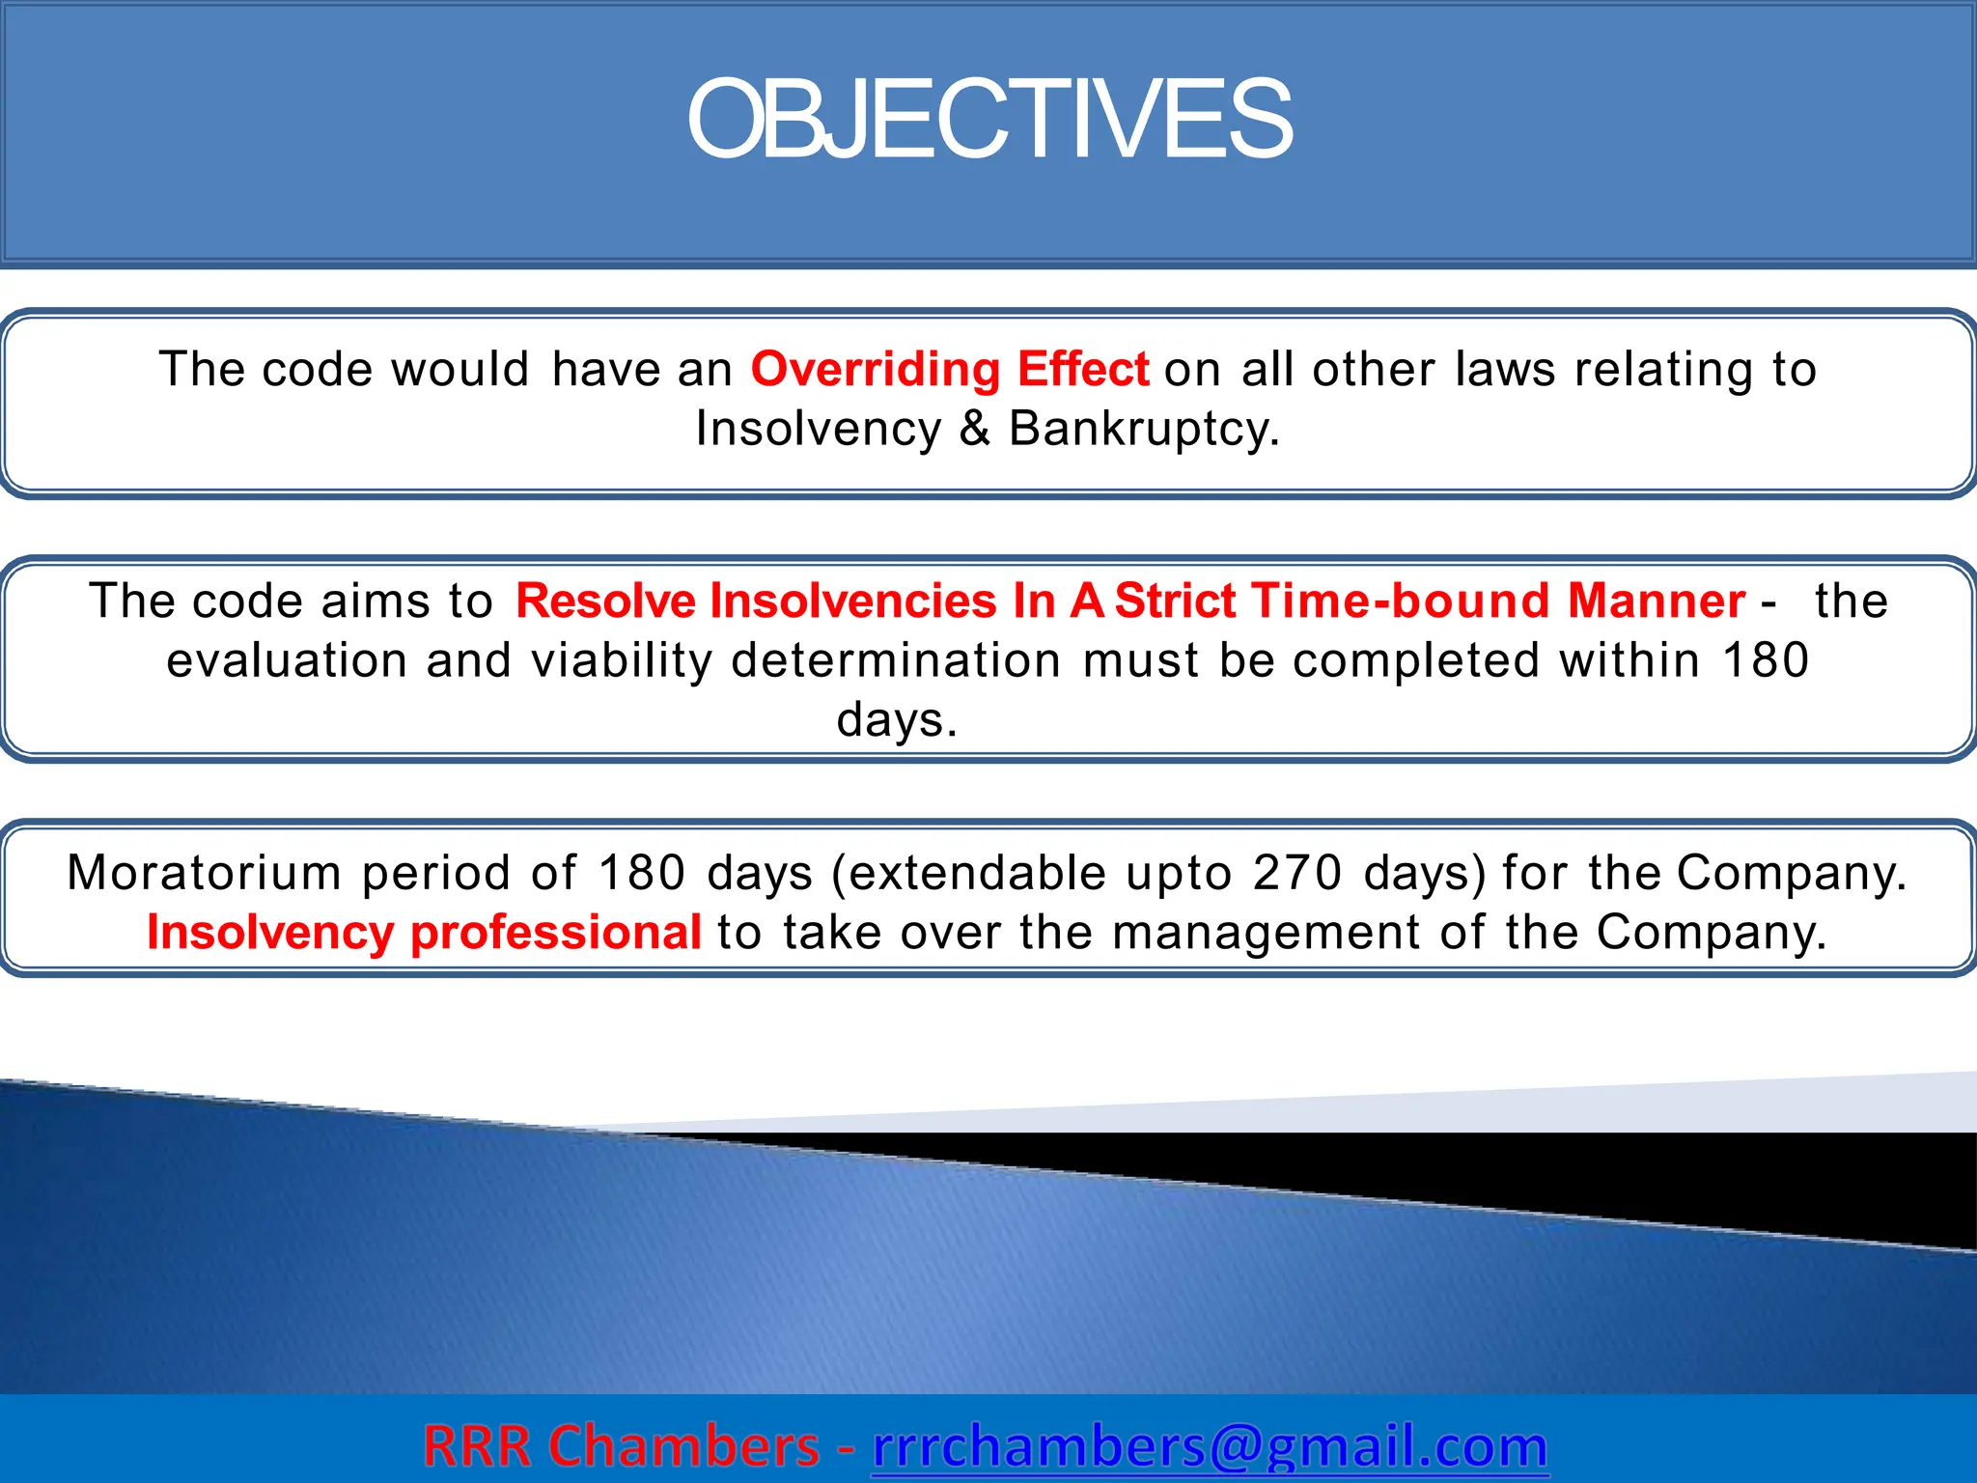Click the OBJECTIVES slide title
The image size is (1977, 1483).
(x=988, y=120)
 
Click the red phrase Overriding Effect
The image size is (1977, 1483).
(x=950, y=369)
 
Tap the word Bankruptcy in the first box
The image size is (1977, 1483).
(x=1143, y=429)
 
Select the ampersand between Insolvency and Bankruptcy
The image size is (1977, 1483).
(x=975, y=429)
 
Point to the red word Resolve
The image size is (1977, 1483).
(x=605, y=601)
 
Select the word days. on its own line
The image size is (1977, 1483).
(x=897, y=720)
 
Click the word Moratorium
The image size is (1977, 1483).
(x=204, y=873)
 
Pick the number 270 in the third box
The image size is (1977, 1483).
(x=1297, y=873)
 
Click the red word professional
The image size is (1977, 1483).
(x=556, y=933)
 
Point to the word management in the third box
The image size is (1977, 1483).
(x=1266, y=933)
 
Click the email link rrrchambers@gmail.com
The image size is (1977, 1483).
(x=1210, y=1446)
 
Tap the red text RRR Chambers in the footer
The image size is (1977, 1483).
(x=621, y=1446)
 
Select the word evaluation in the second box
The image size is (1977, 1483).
(x=288, y=660)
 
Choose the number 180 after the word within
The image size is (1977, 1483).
(x=1766, y=660)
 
